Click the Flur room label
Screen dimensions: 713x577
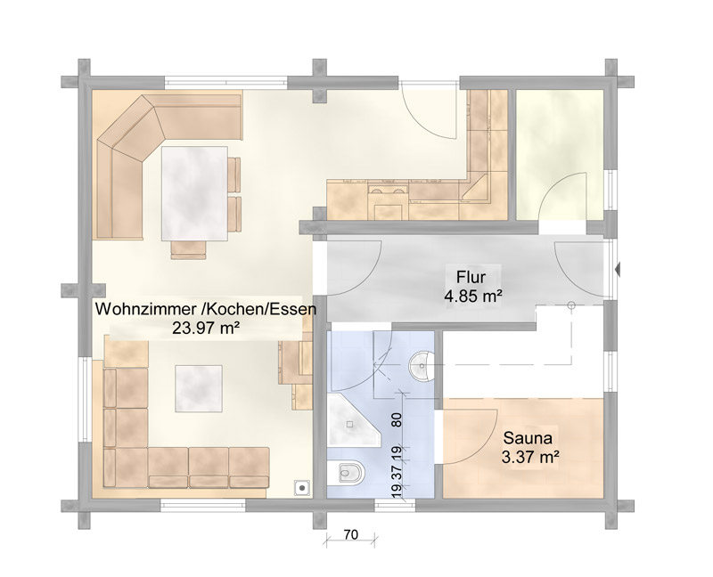coord(471,277)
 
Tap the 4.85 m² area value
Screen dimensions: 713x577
coord(473,297)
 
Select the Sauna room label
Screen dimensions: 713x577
coord(528,438)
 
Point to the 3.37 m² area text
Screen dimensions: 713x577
coord(530,457)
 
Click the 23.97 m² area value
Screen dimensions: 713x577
coord(206,328)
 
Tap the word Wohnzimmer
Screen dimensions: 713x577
coord(145,309)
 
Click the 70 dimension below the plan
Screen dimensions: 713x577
coord(351,535)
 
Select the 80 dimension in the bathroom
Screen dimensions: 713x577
coord(397,419)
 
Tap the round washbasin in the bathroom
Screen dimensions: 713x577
coord(422,365)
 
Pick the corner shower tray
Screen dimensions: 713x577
coord(353,420)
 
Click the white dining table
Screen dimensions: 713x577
coord(194,193)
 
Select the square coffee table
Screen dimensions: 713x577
coord(199,388)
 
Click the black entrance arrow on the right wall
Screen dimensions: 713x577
coord(618,270)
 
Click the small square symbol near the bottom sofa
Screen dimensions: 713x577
coord(302,488)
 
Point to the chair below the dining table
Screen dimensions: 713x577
coord(188,250)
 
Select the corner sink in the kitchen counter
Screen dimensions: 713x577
coord(474,189)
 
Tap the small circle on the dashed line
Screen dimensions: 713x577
coord(571,305)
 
